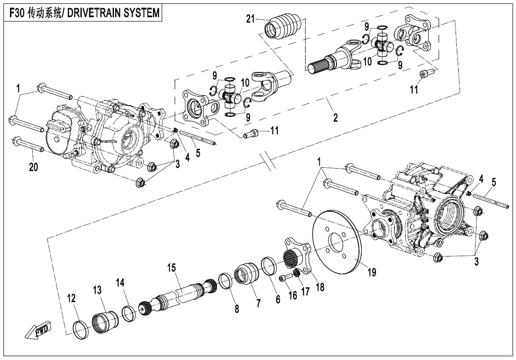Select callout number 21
[x=250, y=18]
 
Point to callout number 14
[x=120, y=283]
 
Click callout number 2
[x=335, y=118]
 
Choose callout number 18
[x=320, y=287]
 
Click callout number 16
[x=292, y=296]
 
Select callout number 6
[x=277, y=299]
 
